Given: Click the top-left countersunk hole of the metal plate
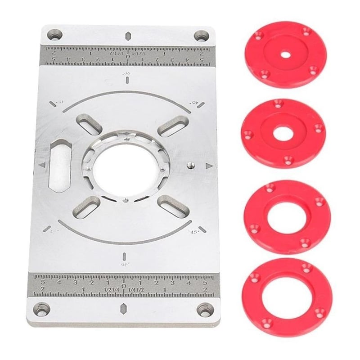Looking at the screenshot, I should (56, 35).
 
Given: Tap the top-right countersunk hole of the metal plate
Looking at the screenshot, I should (199, 36).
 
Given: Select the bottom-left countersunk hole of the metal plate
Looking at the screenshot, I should (43, 310).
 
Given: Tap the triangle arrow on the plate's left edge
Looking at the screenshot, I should (42, 165).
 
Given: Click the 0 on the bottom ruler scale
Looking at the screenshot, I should (124, 285).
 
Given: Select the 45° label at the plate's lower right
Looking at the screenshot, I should (194, 233).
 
